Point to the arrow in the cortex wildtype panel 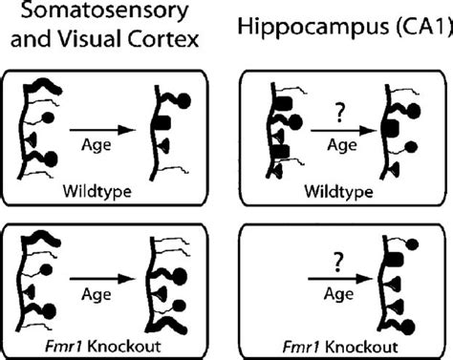(100, 123)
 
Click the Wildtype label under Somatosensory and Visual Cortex (102, 190)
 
